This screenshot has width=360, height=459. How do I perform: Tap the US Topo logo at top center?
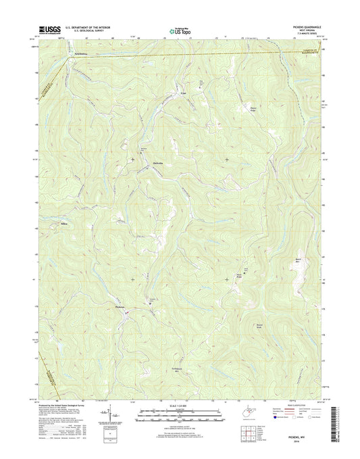[179, 30]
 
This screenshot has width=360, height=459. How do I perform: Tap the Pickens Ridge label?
[254, 108]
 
